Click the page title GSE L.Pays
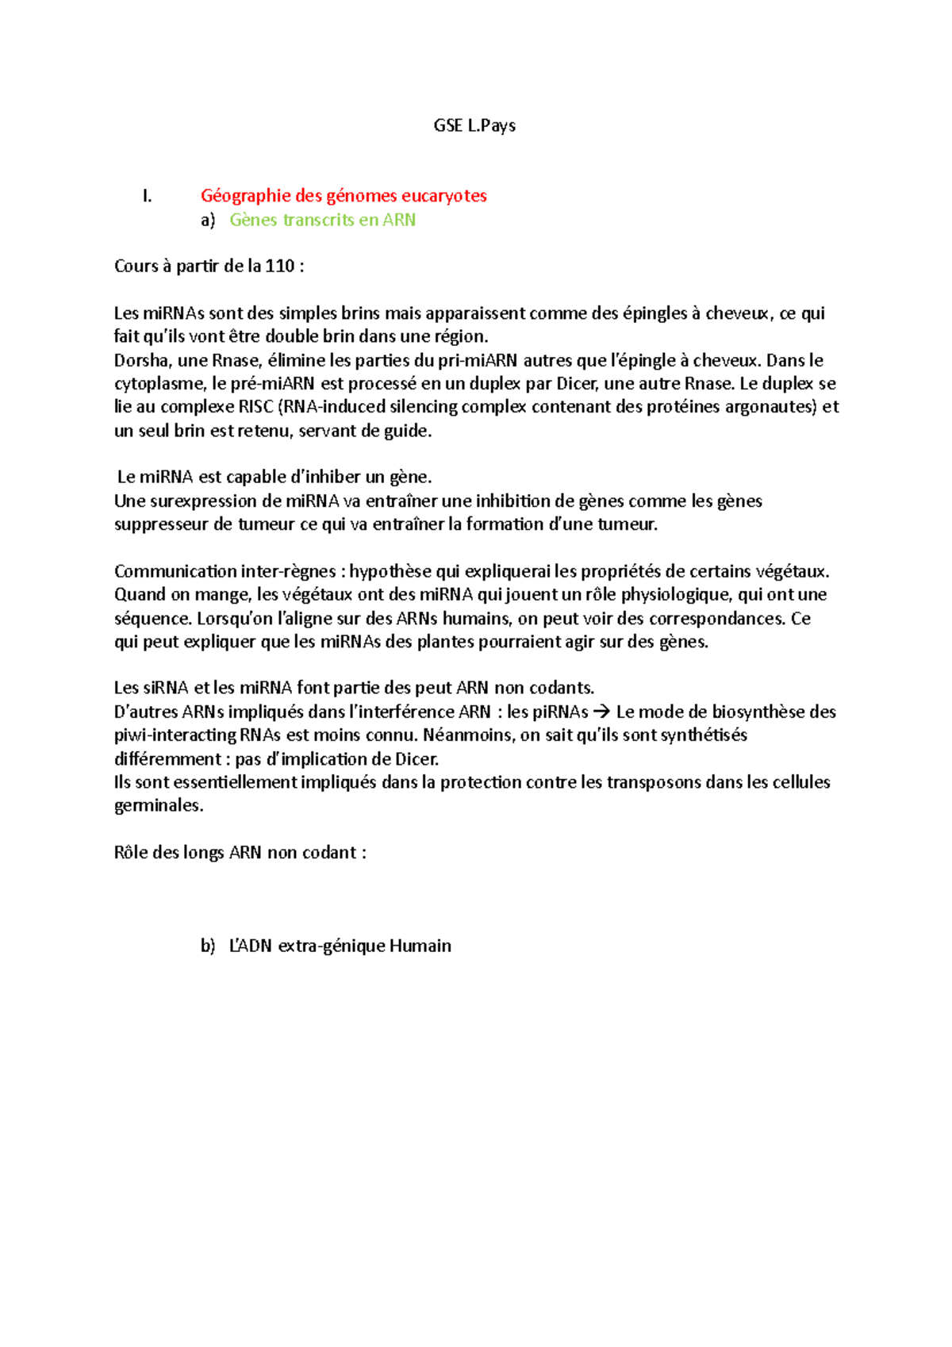click(x=474, y=125)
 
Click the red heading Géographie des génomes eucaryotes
click(x=344, y=196)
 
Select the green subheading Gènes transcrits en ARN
click(x=322, y=220)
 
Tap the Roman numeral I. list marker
click(x=147, y=196)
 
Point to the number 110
click(x=280, y=267)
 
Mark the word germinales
click(x=158, y=806)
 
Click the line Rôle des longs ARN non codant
click(x=240, y=853)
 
